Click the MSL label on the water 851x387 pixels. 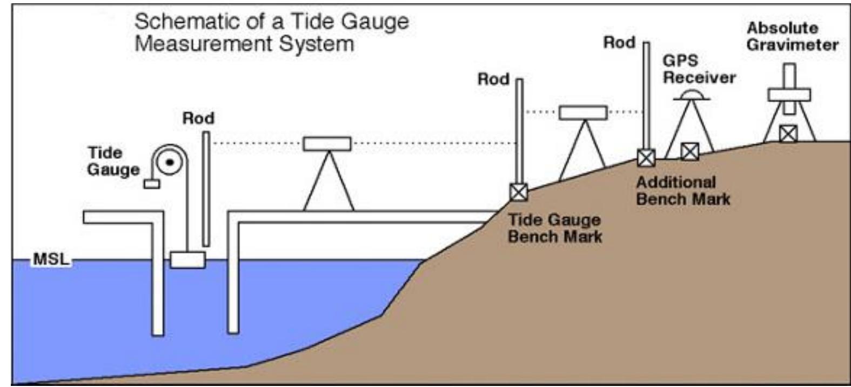(x=51, y=259)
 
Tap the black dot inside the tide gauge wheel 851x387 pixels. (x=170, y=162)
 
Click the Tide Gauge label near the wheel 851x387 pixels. (x=113, y=161)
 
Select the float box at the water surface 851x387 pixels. (x=187, y=259)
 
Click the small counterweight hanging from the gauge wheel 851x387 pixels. (x=152, y=184)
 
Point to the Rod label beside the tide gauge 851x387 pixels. (x=198, y=118)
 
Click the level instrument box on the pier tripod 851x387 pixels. (x=326, y=144)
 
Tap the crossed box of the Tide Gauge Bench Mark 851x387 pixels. (x=519, y=192)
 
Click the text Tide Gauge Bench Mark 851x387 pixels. (x=554, y=228)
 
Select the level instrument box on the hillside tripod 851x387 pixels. (x=582, y=112)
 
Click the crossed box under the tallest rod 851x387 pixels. (x=646, y=158)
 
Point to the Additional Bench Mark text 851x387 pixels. (x=682, y=190)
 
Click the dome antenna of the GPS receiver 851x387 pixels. (x=692, y=95)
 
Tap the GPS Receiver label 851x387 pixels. (x=699, y=69)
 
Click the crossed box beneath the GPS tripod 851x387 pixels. (x=689, y=151)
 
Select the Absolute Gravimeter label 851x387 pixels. (x=792, y=36)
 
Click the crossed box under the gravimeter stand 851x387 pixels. (x=788, y=133)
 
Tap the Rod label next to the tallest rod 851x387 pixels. (x=619, y=42)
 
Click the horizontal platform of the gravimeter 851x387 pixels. (x=789, y=95)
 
